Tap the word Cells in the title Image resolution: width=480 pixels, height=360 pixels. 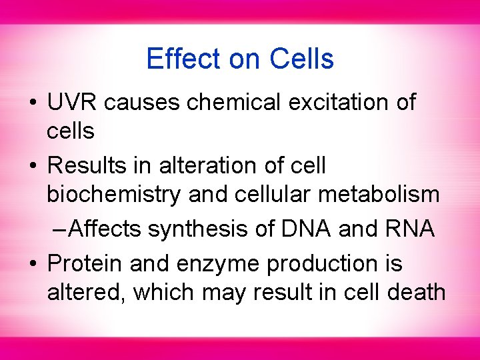[301, 59]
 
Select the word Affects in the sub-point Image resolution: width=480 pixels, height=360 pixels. [105, 229]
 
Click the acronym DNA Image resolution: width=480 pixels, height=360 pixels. [304, 229]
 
